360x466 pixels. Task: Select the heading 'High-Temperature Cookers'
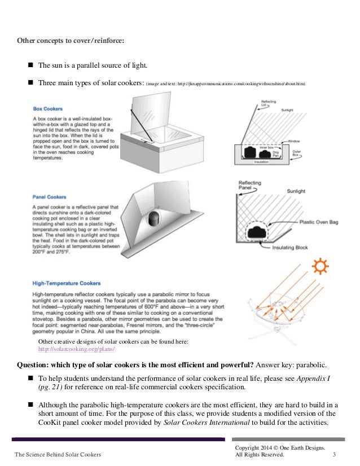pos(67,283)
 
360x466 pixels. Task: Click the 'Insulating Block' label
pos(289,247)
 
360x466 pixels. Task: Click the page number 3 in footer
pos(335,456)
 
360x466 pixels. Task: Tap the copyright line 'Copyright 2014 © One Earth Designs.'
pos(280,447)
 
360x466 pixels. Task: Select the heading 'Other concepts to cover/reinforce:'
pos(71,41)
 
